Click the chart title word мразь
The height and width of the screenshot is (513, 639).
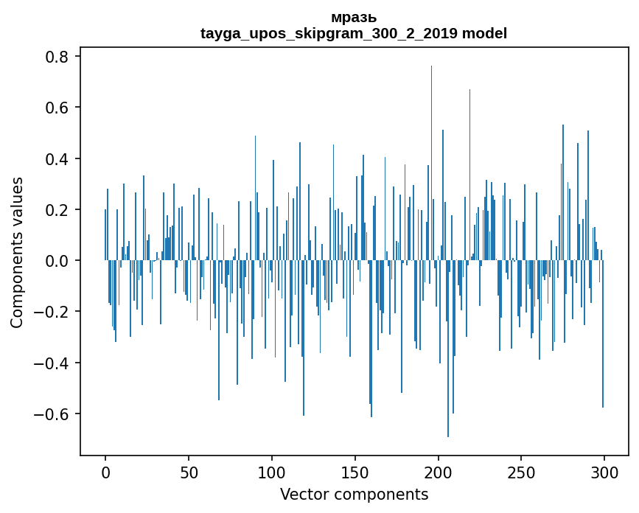[x=354, y=18]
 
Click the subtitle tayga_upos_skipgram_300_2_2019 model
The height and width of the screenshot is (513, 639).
[x=354, y=33]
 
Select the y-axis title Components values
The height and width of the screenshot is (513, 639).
[x=17, y=252]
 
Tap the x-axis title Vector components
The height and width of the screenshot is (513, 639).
[x=354, y=494]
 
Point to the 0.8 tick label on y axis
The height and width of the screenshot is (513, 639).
[x=57, y=57]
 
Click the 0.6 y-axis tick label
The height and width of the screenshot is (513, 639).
[x=57, y=108]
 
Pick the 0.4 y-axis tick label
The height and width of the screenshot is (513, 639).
[x=57, y=159]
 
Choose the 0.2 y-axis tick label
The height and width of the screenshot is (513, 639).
[x=57, y=210]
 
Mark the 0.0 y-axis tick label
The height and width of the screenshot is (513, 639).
[x=57, y=261]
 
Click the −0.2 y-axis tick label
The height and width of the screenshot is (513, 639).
[x=53, y=312]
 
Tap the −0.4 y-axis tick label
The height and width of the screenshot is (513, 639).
[x=53, y=363]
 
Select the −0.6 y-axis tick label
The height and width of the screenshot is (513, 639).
[x=53, y=413]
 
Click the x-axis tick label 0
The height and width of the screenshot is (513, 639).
[x=105, y=471]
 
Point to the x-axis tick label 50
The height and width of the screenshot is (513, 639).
[x=189, y=471]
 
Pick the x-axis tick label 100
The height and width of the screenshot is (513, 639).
[x=272, y=471]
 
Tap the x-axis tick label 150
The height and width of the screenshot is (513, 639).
[x=355, y=471]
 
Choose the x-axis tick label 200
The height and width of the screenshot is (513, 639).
[x=439, y=471]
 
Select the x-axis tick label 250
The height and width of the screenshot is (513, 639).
[x=521, y=471]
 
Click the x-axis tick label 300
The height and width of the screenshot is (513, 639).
[x=604, y=471]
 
